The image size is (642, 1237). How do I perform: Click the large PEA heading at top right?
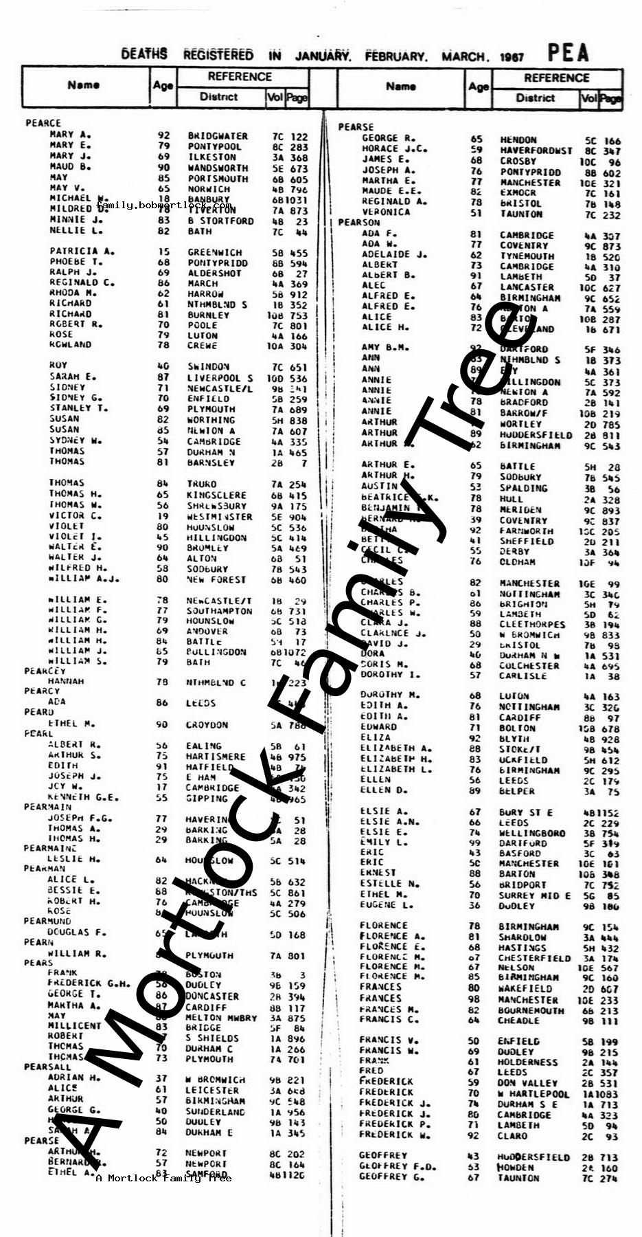pyautogui.click(x=568, y=53)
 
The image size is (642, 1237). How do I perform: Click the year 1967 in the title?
pyautogui.click(x=512, y=57)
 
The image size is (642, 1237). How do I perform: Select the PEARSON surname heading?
pyautogui.click(x=358, y=223)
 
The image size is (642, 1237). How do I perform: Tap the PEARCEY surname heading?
pyautogui.click(x=45, y=671)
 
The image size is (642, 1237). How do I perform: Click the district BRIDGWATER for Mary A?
pyautogui.click(x=218, y=136)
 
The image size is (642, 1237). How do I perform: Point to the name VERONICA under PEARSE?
pyautogui.click(x=386, y=212)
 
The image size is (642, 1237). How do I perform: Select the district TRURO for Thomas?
pyautogui.click(x=202, y=484)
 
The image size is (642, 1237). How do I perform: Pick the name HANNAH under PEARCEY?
pyautogui.click(x=66, y=681)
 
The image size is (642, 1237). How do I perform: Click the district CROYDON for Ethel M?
pyautogui.click(x=208, y=725)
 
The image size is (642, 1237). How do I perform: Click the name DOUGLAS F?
pyautogui.click(x=77, y=932)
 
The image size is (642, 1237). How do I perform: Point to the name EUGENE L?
pyautogui.click(x=387, y=905)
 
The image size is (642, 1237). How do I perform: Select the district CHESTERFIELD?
pyautogui.click(x=534, y=958)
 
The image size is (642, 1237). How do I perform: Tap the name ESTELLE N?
pyautogui.click(x=389, y=884)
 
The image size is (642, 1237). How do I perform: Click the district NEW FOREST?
pyautogui.click(x=216, y=580)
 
